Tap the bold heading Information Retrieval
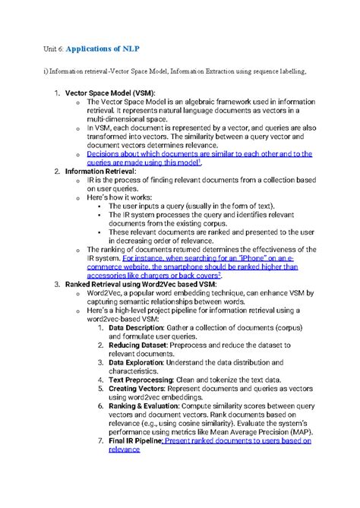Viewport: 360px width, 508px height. [100, 172]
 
